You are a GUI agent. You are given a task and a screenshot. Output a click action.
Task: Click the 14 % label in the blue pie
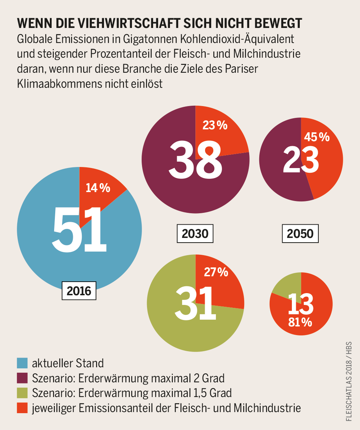[x=98, y=188]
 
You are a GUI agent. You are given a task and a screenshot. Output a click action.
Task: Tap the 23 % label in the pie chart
[x=215, y=125]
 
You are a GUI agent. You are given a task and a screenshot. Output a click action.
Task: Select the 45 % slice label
[x=317, y=137]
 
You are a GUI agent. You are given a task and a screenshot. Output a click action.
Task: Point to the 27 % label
[x=216, y=272]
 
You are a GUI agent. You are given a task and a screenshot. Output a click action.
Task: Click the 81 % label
[x=300, y=322]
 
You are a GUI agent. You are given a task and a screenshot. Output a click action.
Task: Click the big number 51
[x=80, y=229]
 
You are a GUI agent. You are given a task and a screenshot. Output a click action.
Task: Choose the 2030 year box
[x=195, y=234]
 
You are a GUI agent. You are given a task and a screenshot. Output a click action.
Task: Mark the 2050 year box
[x=300, y=234]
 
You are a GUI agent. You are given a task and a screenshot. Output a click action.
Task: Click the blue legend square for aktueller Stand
[x=22, y=363]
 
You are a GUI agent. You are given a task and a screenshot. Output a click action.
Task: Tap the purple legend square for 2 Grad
[x=22, y=378]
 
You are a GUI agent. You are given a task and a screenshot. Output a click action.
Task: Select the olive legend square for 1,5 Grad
[x=22, y=393]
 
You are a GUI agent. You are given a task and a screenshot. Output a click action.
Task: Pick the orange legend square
[x=22, y=407]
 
